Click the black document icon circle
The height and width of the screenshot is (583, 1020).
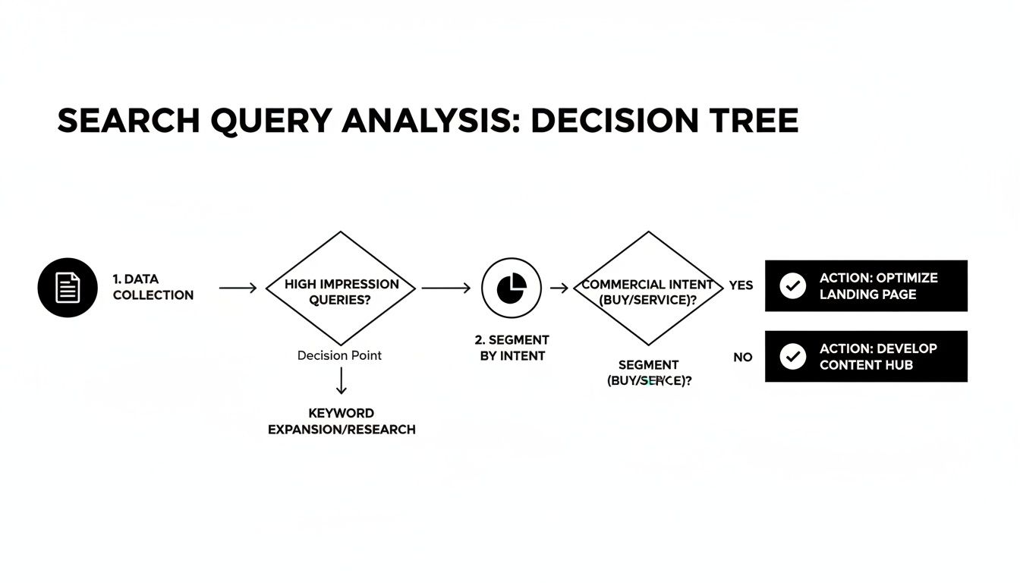click(68, 288)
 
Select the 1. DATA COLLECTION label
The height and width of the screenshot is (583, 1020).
click(153, 288)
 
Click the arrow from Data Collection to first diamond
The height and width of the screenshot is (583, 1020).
click(238, 288)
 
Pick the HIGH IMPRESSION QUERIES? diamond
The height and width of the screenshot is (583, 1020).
click(342, 288)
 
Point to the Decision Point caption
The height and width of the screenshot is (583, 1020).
click(339, 355)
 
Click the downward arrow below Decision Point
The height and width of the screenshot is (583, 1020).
click(341, 380)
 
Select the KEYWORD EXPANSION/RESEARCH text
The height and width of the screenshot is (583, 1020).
click(342, 421)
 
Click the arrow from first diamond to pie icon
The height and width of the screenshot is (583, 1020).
click(445, 288)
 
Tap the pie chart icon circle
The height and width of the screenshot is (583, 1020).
click(512, 288)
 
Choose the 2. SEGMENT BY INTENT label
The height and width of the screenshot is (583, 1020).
click(512, 348)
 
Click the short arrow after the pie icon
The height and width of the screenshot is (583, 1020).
click(559, 288)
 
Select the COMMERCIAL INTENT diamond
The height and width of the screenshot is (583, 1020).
click(647, 288)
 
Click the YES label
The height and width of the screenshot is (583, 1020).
click(741, 285)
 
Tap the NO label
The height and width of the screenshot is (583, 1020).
click(742, 357)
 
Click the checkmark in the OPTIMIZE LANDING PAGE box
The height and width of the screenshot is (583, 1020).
click(792, 285)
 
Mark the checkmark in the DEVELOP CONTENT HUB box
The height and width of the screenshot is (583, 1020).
click(792, 356)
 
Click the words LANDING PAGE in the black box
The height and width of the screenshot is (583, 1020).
click(867, 295)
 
